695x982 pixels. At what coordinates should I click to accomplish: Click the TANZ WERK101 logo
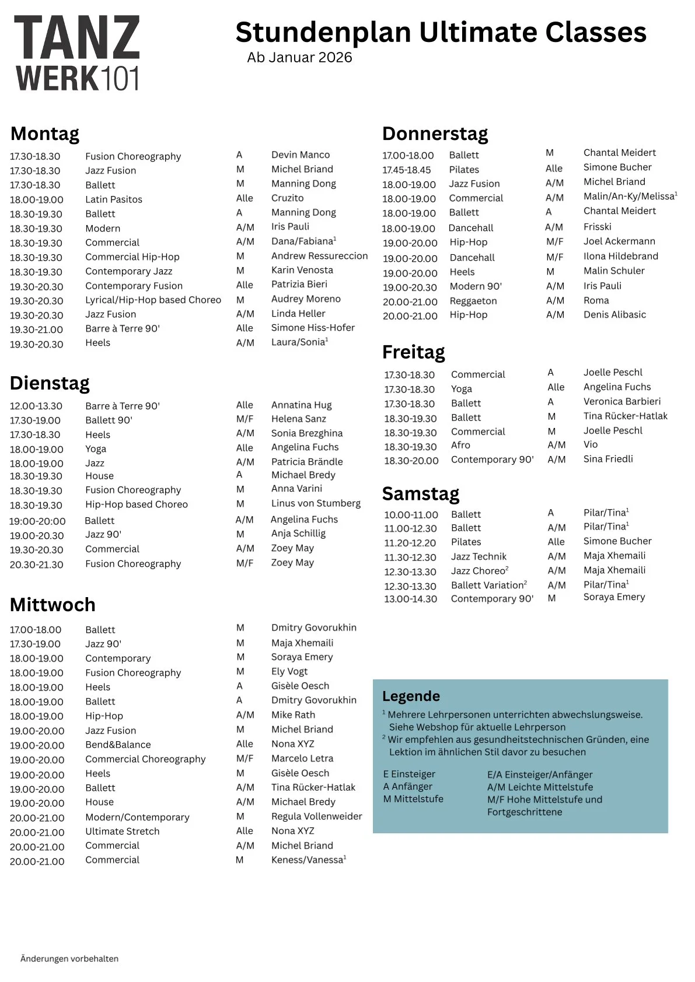(x=77, y=53)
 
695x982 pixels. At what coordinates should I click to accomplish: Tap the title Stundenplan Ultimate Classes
(x=441, y=32)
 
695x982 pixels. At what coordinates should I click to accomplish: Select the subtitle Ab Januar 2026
(x=299, y=57)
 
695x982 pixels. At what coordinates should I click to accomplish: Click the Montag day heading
(x=45, y=134)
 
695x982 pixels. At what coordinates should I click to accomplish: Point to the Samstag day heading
(x=421, y=493)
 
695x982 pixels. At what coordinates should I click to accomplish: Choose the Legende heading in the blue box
(x=411, y=696)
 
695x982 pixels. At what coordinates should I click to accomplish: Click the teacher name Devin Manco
(x=301, y=155)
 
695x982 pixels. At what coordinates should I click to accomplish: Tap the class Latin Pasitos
(x=114, y=199)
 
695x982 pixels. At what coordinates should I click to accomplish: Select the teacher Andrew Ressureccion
(x=319, y=255)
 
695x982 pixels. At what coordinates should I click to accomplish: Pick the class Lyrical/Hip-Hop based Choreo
(x=153, y=300)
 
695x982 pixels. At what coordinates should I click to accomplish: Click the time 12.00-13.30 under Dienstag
(x=36, y=406)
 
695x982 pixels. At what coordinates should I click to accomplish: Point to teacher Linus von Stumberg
(x=316, y=503)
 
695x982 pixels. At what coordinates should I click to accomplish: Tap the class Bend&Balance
(x=118, y=745)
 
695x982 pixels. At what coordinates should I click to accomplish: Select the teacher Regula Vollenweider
(x=316, y=816)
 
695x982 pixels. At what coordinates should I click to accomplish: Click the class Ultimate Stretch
(x=122, y=831)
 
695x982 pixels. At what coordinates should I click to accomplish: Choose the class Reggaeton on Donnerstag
(x=473, y=301)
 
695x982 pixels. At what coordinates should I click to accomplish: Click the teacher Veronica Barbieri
(x=622, y=401)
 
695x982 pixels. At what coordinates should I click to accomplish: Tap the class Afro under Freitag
(x=460, y=445)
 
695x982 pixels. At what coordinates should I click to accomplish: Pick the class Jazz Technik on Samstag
(x=479, y=556)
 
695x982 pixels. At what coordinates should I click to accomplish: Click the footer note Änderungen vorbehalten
(x=69, y=959)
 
